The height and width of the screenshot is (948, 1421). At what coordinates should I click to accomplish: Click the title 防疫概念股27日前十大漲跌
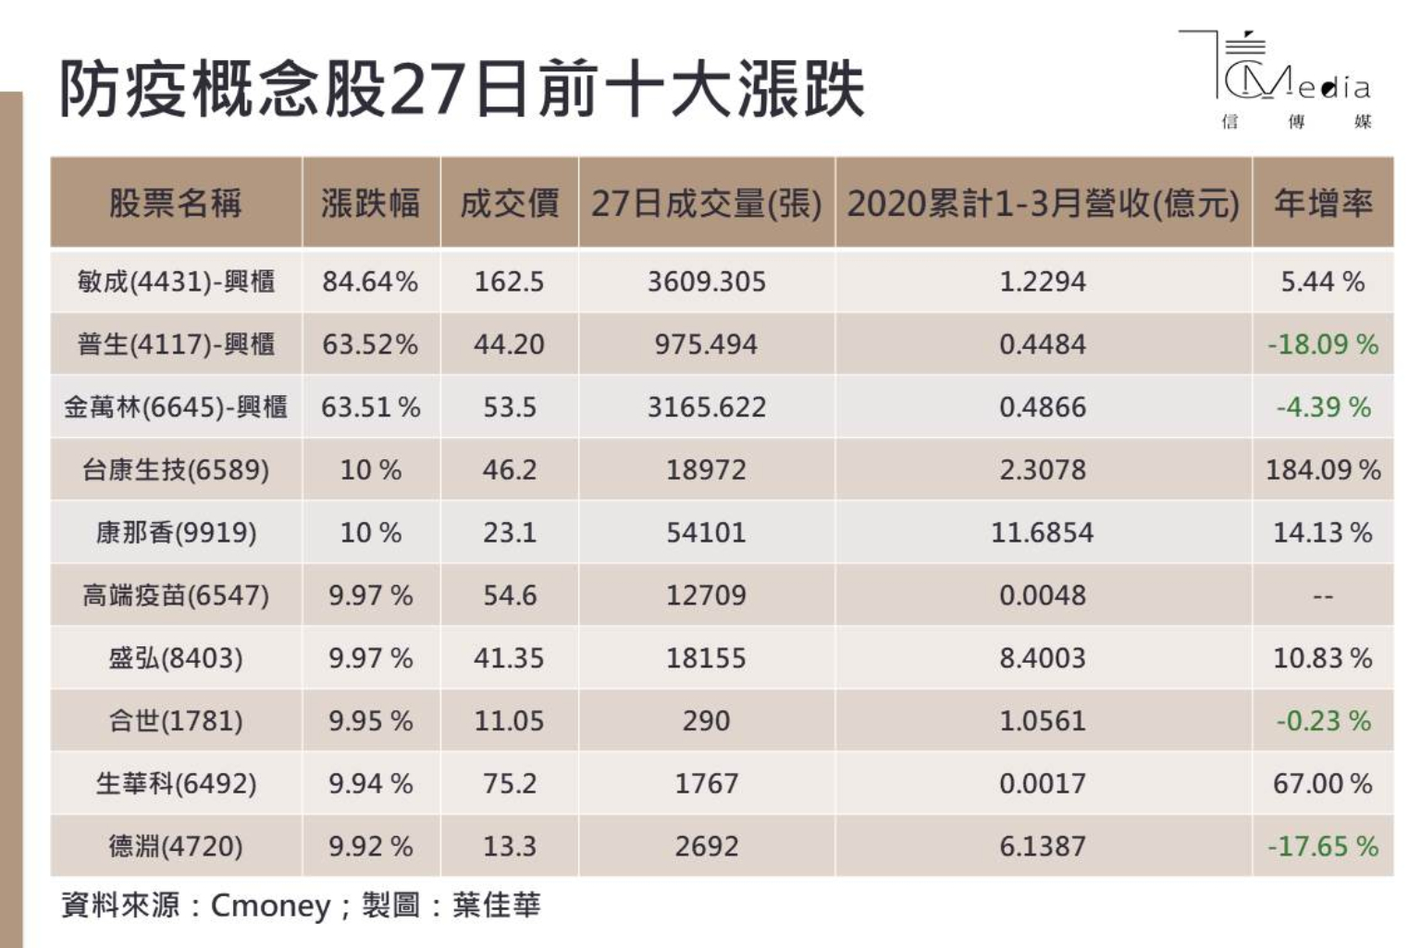point(461,90)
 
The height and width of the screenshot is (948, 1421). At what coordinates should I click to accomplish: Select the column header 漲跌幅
point(370,203)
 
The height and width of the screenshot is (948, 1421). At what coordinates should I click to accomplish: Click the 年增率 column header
point(1322,203)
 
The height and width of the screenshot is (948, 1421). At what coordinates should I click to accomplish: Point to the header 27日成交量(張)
point(706,203)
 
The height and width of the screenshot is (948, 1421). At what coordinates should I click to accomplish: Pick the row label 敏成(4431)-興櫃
point(176,281)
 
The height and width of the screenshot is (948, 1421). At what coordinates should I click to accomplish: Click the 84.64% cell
point(370,281)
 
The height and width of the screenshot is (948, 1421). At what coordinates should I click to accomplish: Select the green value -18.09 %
point(1322,344)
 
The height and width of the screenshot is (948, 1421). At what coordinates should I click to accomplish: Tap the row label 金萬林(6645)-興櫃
point(176,407)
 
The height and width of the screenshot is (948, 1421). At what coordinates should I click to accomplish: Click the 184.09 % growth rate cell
point(1322,470)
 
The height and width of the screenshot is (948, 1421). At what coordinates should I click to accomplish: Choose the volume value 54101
point(706,533)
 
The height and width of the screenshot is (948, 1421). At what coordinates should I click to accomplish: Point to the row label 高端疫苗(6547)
point(176,595)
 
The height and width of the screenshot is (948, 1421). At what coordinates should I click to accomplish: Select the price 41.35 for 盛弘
point(509,658)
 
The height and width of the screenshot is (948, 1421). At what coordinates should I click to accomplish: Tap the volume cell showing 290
point(706,721)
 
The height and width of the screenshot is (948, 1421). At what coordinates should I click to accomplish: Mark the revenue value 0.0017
point(1043,784)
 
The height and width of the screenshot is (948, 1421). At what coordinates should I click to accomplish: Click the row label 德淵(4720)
point(176,846)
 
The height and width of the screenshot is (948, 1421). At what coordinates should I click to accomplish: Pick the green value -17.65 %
point(1322,846)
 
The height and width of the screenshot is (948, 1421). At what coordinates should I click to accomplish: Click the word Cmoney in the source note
point(270,905)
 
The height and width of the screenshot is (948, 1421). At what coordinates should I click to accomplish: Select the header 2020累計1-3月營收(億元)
point(1043,203)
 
